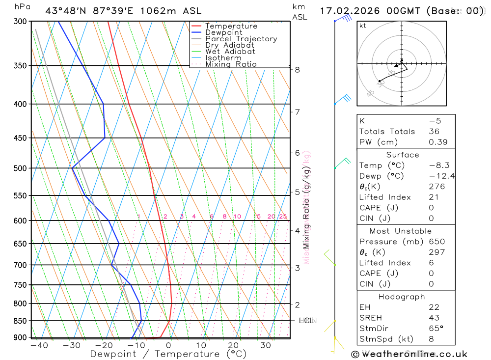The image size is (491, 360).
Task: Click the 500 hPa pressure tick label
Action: click(21, 168)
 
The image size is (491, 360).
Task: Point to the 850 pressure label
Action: click(21, 321)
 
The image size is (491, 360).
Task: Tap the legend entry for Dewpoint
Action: click(223, 32)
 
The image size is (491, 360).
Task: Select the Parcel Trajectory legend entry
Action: click(241, 39)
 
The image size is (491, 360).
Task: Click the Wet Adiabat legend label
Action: click(230, 52)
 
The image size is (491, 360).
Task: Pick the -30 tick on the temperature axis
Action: click(72, 345)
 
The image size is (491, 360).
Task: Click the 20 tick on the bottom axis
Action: click(233, 345)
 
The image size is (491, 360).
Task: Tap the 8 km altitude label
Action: click(298, 70)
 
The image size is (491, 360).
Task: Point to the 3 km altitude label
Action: click(298, 268)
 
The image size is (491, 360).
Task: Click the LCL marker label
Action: click(306, 321)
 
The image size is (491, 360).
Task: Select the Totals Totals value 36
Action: click(434, 132)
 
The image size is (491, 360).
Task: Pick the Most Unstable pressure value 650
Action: click(436, 242)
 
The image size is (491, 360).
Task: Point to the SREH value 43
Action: click(434, 318)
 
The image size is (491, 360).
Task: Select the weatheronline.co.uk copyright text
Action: click(409, 354)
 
